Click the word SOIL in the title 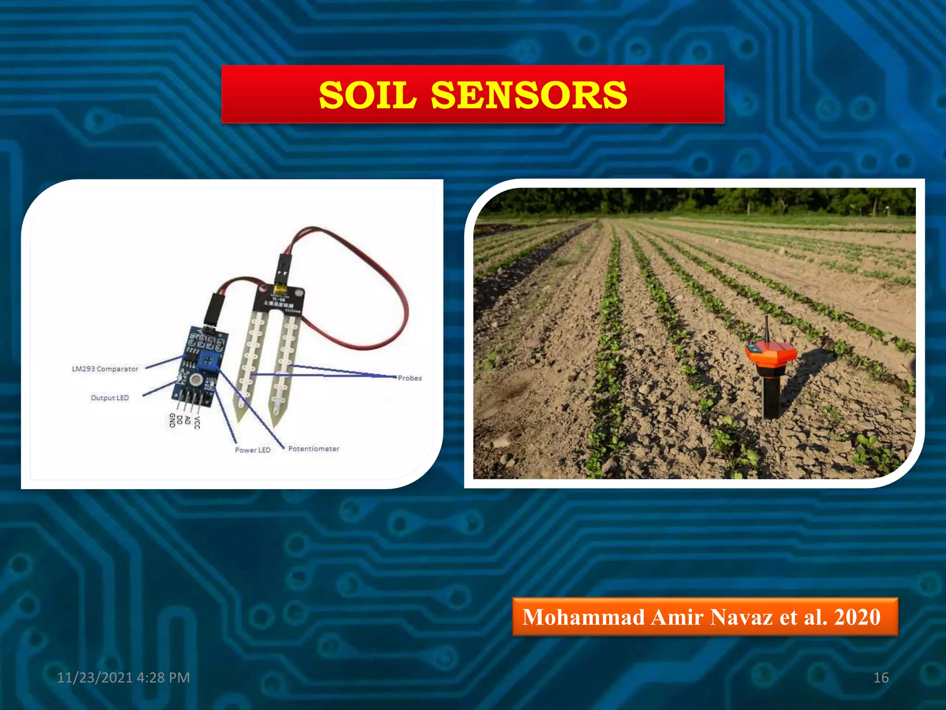point(368,95)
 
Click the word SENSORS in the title point(529,95)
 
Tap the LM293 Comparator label point(105,369)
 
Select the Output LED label point(109,398)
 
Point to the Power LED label point(252,450)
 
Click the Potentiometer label point(314,449)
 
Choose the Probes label point(410,378)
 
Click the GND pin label point(172,420)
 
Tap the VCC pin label point(197,422)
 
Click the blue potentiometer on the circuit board point(209,359)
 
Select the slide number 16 point(881,678)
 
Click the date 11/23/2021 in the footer point(95,678)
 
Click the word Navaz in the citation point(742,617)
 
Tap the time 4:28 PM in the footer point(164,678)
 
